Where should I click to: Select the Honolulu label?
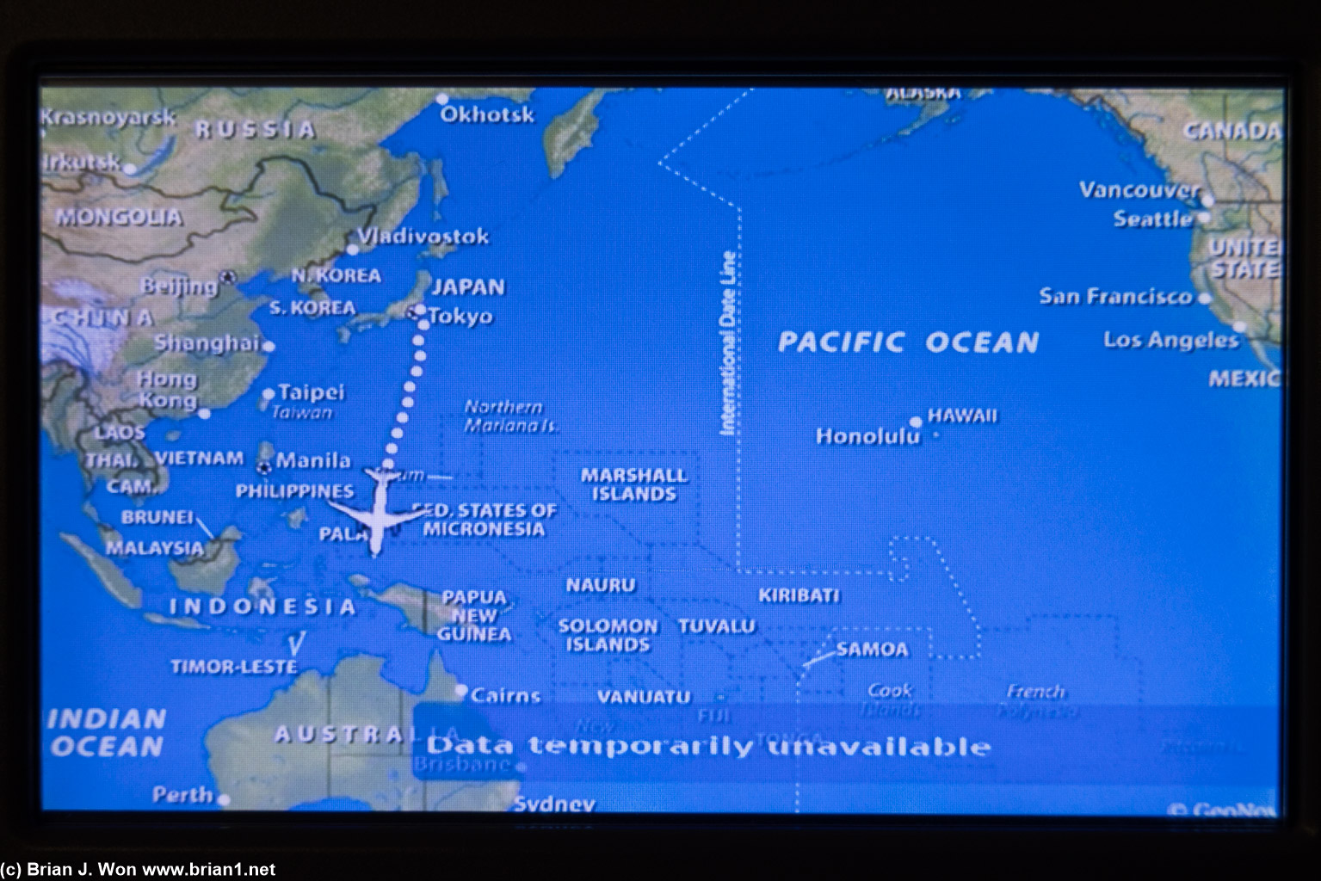(x=867, y=436)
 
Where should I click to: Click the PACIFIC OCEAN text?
(x=908, y=342)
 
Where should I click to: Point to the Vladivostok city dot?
(x=352, y=250)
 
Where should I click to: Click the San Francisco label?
(x=1115, y=297)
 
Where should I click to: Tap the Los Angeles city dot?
(x=1239, y=327)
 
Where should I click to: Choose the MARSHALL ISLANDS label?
(x=633, y=484)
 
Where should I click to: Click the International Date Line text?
(x=728, y=342)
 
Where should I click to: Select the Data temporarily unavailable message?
(x=708, y=745)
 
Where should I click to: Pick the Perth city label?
(x=182, y=795)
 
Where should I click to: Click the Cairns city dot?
(x=461, y=690)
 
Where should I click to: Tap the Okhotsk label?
(x=487, y=114)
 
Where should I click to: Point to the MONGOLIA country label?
(x=120, y=217)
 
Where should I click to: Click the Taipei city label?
(x=311, y=392)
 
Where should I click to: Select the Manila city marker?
(x=265, y=467)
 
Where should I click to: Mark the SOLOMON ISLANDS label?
(x=608, y=635)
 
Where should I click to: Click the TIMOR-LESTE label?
(x=233, y=667)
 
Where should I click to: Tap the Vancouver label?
(x=1139, y=189)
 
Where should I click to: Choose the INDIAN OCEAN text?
(x=107, y=732)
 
